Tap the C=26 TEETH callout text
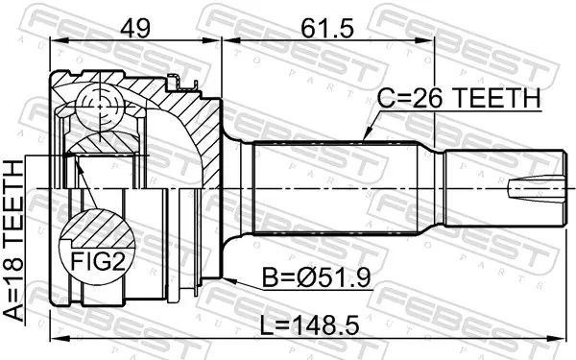click(x=459, y=98)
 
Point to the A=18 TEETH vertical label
click(x=13, y=241)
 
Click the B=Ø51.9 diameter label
click(x=316, y=277)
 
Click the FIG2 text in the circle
click(x=98, y=261)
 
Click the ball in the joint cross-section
click(x=100, y=107)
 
